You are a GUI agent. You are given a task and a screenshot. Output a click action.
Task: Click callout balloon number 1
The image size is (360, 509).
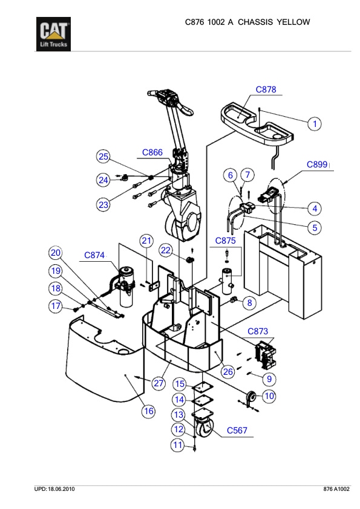tap(315, 124)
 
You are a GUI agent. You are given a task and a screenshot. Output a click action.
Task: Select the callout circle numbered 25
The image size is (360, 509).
tap(103, 157)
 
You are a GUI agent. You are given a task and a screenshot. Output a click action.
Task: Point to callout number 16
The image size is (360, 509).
tap(148, 411)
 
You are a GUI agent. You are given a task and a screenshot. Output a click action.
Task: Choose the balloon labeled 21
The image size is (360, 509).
tap(146, 241)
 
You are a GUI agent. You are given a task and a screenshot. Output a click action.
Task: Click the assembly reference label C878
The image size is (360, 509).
tap(266, 89)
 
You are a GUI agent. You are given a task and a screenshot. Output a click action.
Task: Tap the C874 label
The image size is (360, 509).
tap(94, 256)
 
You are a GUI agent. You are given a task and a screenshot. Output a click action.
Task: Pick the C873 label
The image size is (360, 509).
tap(261, 331)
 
